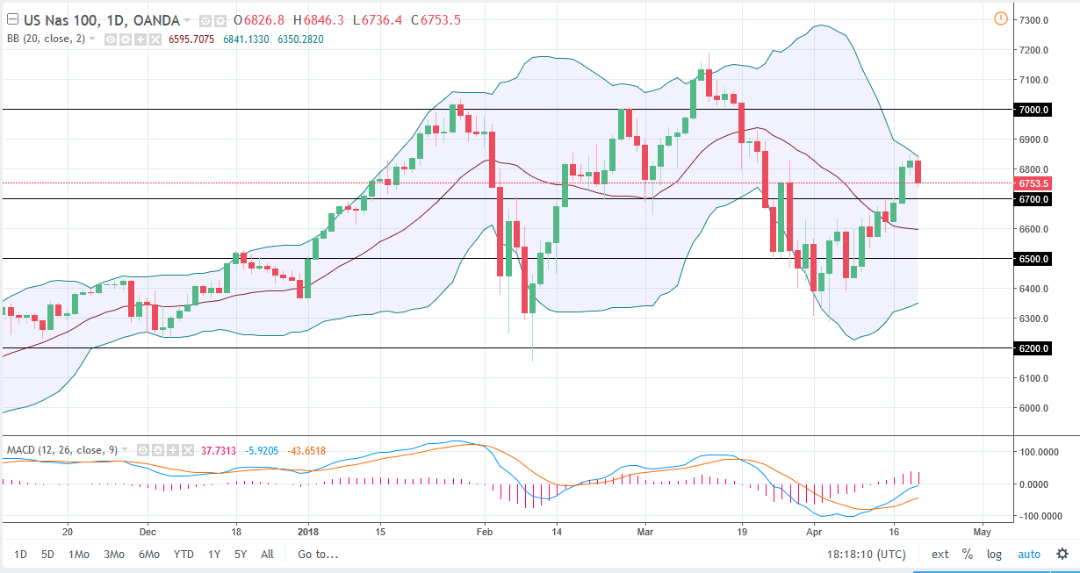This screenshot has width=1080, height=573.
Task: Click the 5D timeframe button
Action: pyautogui.click(x=47, y=554)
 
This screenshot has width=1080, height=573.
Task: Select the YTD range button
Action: pyautogui.click(x=184, y=554)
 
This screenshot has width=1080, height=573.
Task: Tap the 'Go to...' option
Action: pyautogui.click(x=317, y=554)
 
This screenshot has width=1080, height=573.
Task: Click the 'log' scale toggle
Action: pyautogui.click(x=993, y=554)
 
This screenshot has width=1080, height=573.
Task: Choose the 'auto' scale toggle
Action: pyautogui.click(x=1028, y=554)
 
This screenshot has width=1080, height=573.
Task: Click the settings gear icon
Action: pyautogui.click(x=1062, y=554)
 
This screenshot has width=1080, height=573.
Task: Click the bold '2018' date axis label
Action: pyautogui.click(x=307, y=532)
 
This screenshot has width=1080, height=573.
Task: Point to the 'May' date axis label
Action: pyautogui.click(x=982, y=532)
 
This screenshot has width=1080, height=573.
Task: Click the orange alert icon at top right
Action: pyautogui.click(x=1000, y=18)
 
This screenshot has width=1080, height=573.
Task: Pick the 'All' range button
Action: pyautogui.click(x=267, y=554)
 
